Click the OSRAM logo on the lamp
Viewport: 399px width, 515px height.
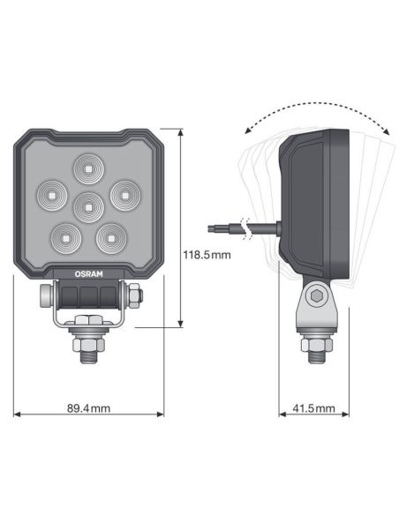pos(88,273)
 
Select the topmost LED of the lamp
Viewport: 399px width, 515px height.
pos(88,168)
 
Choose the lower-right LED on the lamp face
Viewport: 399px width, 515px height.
pos(111,236)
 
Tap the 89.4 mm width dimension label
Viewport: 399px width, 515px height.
pos(88,408)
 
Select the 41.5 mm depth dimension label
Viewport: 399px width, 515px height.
pos(313,408)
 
